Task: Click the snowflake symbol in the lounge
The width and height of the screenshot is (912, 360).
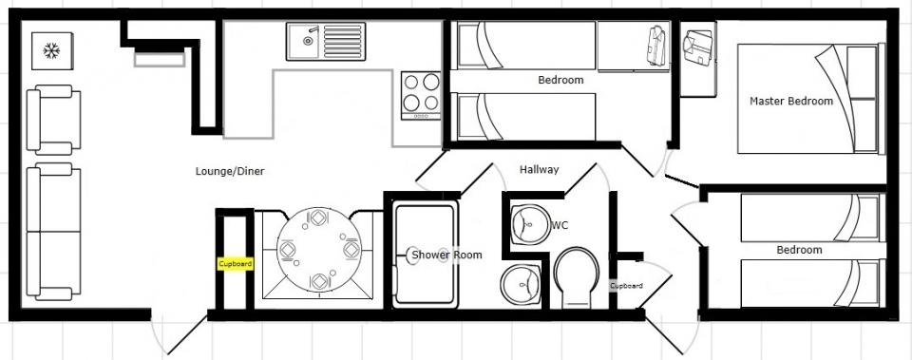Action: click(x=51, y=50)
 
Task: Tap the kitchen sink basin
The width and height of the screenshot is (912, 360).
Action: click(x=303, y=41)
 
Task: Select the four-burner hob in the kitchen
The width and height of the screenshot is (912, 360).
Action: click(x=421, y=95)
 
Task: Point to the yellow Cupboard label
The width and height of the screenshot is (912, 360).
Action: click(x=236, y=264)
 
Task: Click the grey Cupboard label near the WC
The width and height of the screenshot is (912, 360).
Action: click(x=626, y=286)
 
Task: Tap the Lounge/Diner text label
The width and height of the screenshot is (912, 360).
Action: click(x=230, y=171)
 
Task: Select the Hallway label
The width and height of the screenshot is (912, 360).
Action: click(x=540, y=169)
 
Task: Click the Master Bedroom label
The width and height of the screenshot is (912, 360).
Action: click(x=791, y=102)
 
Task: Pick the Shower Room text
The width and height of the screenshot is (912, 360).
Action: click(x=446, y=255)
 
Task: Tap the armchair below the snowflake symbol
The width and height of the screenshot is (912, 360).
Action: click(x=53, y=120)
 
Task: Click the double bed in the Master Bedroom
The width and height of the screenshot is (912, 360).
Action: click(x=810, y=99)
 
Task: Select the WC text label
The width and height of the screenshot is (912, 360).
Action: click(x=560, y=225)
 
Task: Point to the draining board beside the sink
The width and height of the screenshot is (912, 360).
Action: click(x=343, y=41)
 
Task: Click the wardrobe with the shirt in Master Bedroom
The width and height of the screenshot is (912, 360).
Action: click(x=698, y=59)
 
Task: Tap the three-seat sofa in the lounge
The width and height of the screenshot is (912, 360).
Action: click(x=53, y=232)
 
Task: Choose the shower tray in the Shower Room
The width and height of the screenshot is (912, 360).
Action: click(x=424, y=255)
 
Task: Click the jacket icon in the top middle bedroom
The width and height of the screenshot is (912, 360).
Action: click(x=656, y=46)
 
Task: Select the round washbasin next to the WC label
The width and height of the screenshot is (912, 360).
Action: click(x=530, y=224)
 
